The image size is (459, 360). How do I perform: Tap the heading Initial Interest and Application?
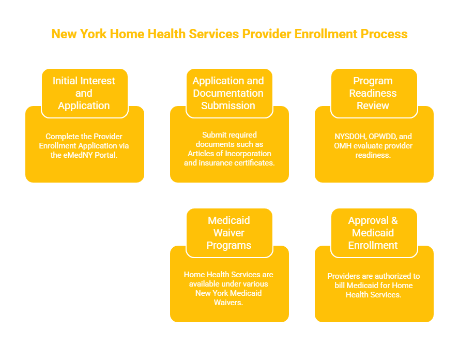(x=84, y=93)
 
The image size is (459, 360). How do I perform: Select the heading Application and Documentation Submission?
(x=228, y=93)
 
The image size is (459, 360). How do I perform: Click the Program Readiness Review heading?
(x=373, y=93)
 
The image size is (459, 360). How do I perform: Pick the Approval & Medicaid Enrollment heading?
(x=373, y=233)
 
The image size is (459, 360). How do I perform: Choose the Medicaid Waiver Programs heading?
(x=228, y=233)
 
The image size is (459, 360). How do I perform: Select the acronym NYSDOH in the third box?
(x=349, y=137)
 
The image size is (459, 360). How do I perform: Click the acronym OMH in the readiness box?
(x=343, y=146)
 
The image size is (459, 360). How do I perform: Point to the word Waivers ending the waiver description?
(x=228, y=303)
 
